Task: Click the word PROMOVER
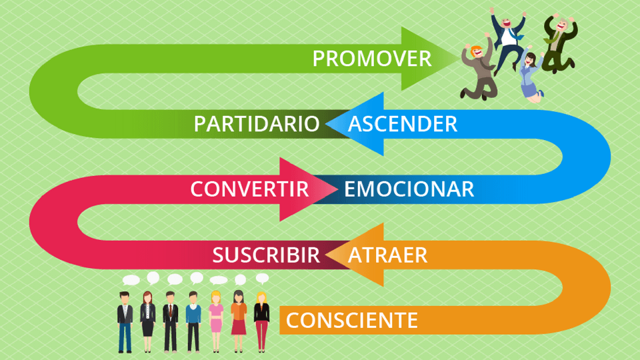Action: coord(372,59)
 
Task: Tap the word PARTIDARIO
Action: coord(256,124)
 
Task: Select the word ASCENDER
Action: coord(403,124)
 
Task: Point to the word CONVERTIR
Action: coord(249,189)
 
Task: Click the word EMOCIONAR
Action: coord(409,189)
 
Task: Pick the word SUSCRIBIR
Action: coord(266,255)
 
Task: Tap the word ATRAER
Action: coord(387,255)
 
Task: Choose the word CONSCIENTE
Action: coord(352,321)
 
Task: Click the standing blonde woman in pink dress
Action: coord(216,321)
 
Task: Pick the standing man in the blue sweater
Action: coord(193,321)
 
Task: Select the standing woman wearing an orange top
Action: coord(239,321)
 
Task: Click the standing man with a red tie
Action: coord(170,321)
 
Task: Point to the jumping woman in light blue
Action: coord(531,74)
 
